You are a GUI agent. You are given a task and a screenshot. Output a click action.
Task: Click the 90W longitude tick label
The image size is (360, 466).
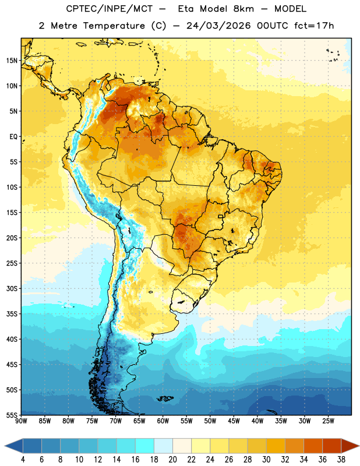22,421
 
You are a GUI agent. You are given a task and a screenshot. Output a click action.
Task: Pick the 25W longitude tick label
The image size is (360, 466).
328,421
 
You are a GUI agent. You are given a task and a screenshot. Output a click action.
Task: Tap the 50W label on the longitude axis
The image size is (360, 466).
210,421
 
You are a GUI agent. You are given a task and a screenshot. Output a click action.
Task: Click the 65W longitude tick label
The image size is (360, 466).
139,421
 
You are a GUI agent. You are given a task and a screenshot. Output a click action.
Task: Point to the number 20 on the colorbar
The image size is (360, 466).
172,460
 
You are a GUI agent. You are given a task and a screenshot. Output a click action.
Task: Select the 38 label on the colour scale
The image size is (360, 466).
341,460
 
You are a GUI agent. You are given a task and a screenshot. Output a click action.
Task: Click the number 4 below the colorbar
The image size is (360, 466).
23,460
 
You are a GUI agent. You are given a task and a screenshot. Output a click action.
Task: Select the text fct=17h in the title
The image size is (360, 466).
314,26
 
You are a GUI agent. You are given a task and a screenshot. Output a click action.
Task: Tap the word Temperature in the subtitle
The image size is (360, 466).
114,26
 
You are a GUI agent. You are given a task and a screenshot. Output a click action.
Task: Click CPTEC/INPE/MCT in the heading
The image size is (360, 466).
110,9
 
